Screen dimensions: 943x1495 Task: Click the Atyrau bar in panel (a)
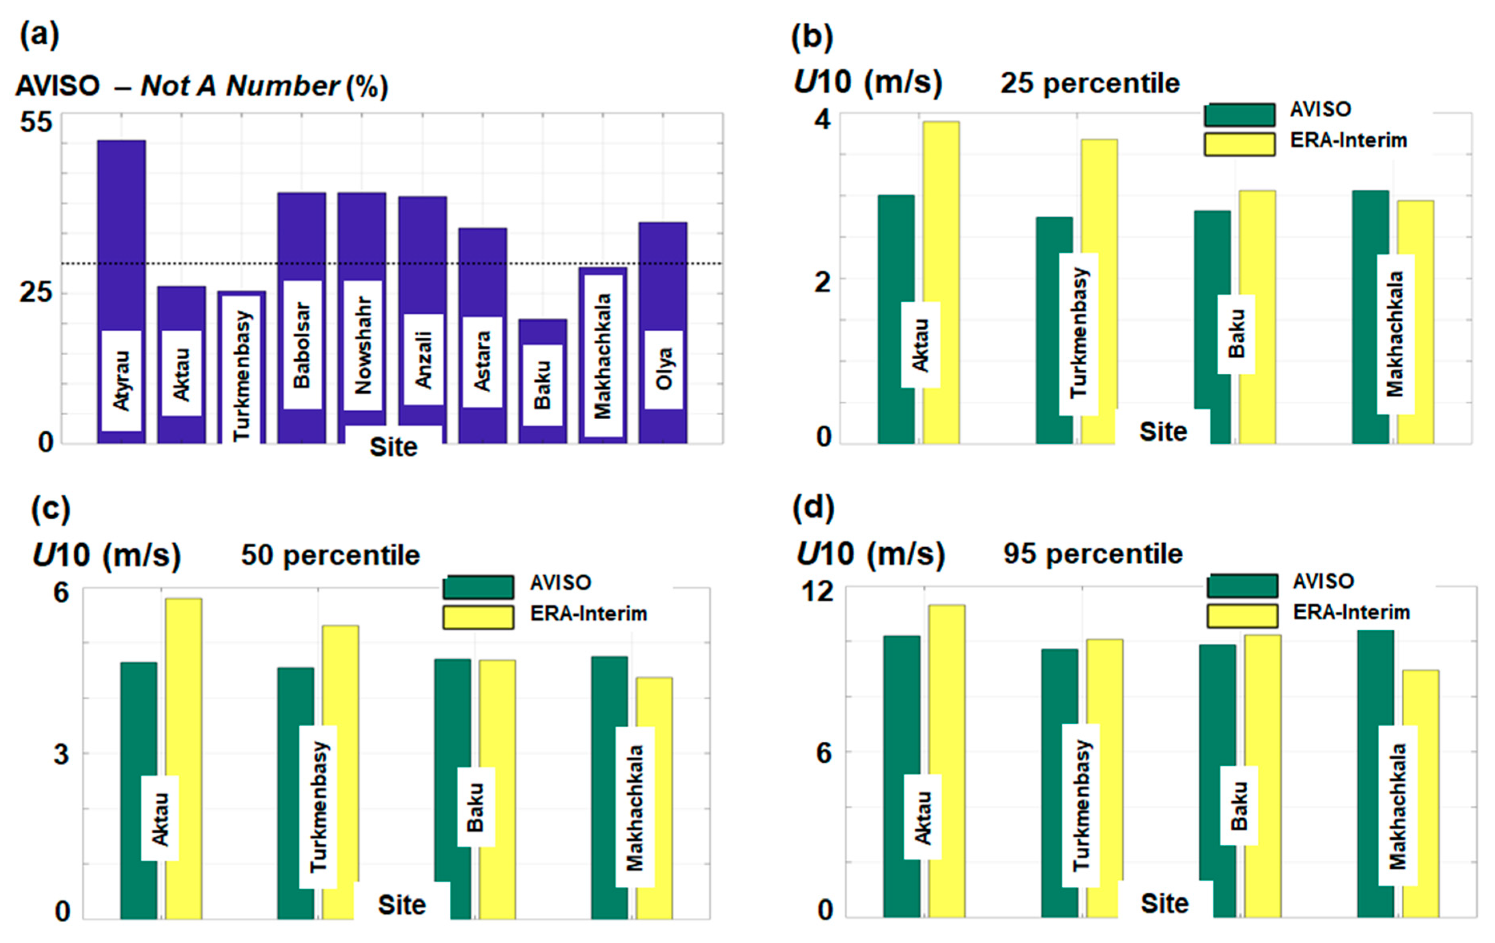point(121,236)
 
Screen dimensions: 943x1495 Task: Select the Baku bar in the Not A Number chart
point(543,332)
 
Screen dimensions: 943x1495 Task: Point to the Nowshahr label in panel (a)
point(363,345)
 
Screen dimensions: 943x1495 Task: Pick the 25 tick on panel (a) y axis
point(36,292)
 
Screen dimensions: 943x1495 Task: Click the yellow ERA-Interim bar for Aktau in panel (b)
point(941,217)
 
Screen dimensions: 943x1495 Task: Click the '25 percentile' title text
point(1090,84)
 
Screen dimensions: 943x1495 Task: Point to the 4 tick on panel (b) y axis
point(823,120)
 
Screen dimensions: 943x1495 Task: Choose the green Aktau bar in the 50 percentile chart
point(138,720)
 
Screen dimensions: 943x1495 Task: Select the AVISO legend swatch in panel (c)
point(478,587)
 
